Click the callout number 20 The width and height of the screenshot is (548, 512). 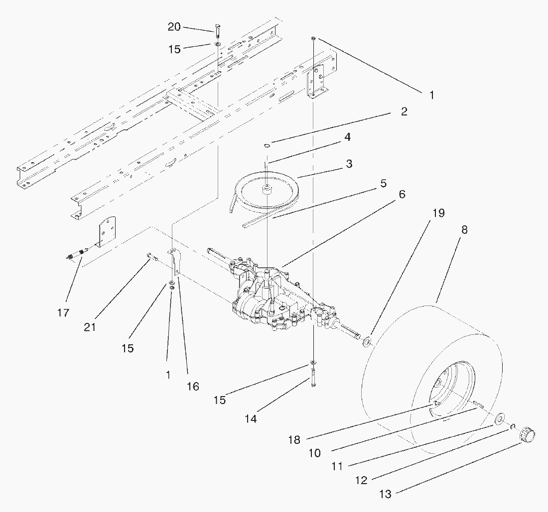coord(174,26)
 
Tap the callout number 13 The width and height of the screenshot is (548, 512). coord(386,494)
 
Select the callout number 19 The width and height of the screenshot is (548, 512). coord(438,212)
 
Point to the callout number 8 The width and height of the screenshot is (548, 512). coord(464,230)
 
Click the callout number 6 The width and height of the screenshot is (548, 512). coord(402,194)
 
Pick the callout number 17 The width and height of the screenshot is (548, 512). coord(63,312)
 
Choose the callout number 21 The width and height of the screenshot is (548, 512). coord(90,327)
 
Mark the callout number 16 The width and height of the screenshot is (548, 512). coord(193,386)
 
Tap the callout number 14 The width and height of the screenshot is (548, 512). coord(251,418)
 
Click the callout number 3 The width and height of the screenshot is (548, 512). coord(349,164)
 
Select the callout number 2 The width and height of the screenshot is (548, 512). coord(404,111)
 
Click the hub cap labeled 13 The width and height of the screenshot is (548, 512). coord(528,435)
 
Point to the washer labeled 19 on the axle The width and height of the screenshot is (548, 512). coord(367,342)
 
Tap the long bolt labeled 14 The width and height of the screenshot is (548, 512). coord(313,378)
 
